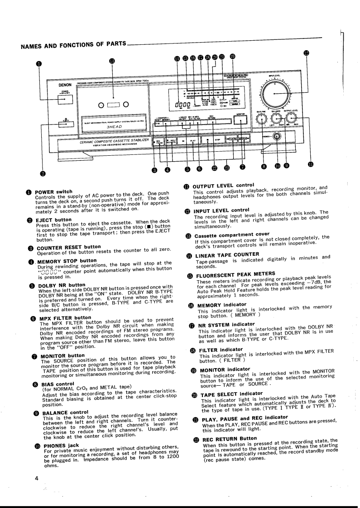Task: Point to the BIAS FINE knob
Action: coord(261,120)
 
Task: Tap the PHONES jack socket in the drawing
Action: coord(276,136)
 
